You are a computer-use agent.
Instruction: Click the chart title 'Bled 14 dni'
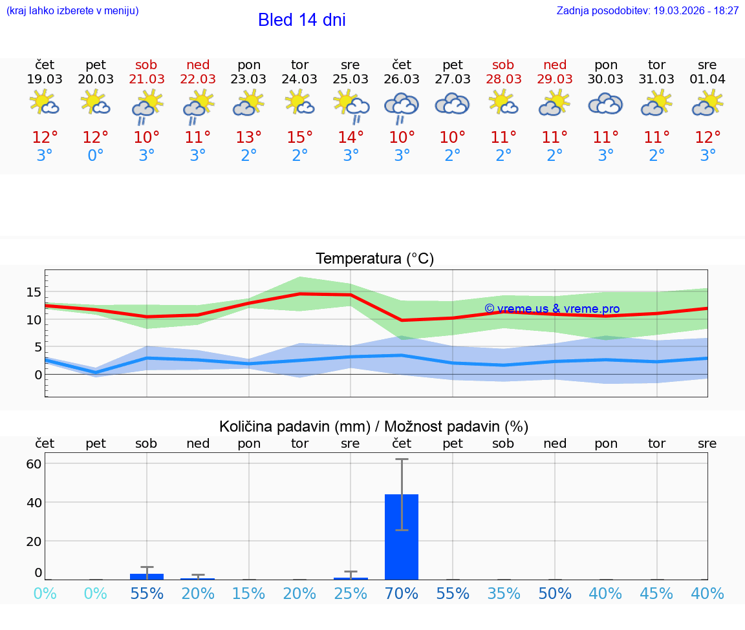301,20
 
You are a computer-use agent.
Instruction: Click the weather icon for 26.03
402,105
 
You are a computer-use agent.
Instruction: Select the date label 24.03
299,79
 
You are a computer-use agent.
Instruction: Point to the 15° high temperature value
299,138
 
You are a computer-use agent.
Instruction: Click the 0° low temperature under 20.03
96,156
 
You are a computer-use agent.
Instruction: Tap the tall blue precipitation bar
402,536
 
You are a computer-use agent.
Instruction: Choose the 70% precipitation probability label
402,593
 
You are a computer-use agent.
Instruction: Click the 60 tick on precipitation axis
34,464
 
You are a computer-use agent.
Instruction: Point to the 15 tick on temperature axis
34,292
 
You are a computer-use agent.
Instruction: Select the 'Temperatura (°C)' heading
374,259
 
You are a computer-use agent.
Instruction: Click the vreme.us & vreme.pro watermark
552,309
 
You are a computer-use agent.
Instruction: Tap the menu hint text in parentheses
72,11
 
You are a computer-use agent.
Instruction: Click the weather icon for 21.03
147,105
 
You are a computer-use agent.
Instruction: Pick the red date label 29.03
554,79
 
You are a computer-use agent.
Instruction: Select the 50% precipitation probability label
554,593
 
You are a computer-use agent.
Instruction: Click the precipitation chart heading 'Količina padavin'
374,426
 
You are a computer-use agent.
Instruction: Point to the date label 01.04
707,79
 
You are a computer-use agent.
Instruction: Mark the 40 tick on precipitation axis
34,503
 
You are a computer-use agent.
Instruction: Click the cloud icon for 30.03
605,104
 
